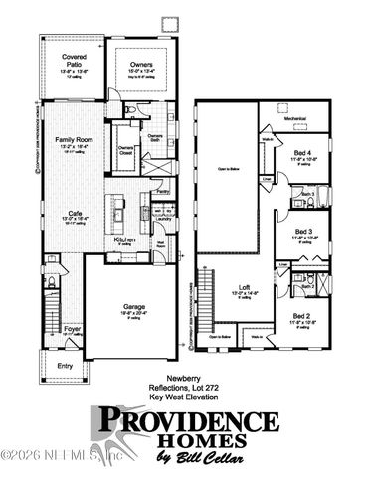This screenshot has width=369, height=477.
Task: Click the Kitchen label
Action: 124,239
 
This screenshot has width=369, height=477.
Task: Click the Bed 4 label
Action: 304,152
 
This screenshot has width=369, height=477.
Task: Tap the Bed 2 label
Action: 303,316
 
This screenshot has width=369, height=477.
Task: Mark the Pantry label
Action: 160,190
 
